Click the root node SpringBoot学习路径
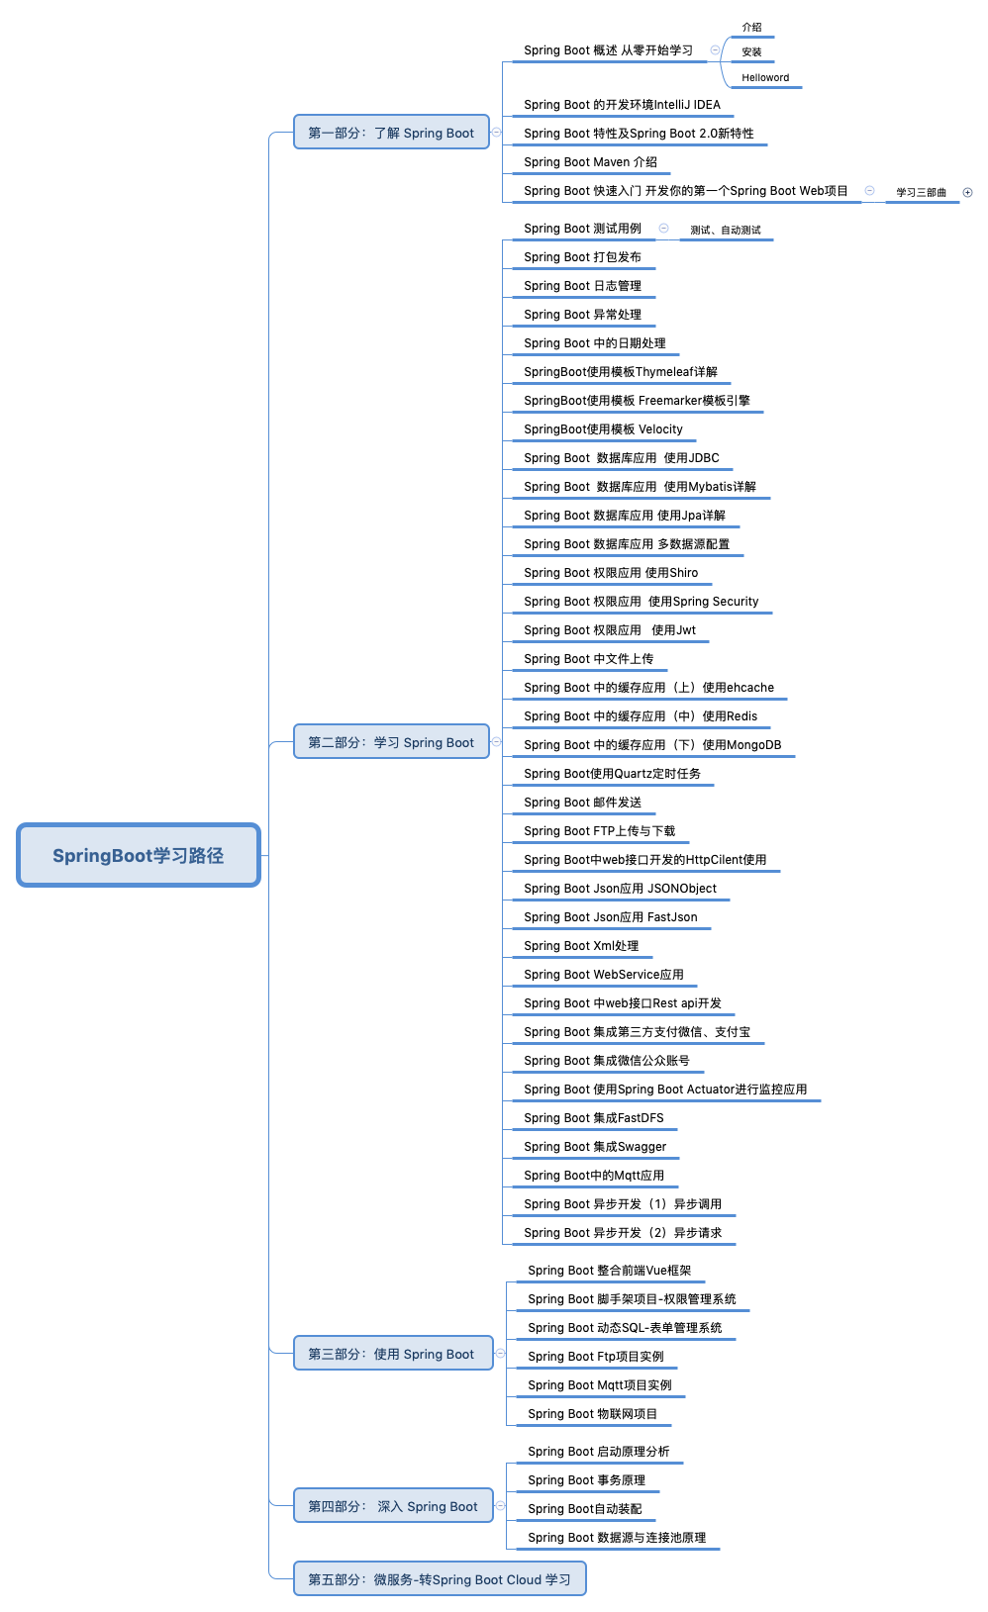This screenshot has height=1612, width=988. (x=139, y=855)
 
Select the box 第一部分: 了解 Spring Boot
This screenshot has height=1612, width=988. (x=391, y=133)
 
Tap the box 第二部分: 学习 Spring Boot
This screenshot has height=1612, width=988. (x=391, y=742)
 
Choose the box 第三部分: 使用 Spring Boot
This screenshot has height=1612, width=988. (x=393, y=1354)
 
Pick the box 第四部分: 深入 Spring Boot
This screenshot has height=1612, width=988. (x=393, y=1506)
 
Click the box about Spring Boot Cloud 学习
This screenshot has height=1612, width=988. (x=440, y=1579)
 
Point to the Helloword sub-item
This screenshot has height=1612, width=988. (x=765, y=78)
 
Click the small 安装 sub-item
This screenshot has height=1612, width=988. (x=751, y=51)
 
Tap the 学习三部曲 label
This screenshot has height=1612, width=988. (x=921, y=192)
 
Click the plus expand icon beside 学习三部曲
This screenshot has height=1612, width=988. (x=968, y=192)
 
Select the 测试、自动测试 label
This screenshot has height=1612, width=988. (x=725, y=230)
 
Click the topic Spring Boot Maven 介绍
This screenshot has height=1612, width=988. (x=590, y=162)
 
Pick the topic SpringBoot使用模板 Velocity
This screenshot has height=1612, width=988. (x=604, y=428)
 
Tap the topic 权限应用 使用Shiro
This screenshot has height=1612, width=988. (x=612, y=573)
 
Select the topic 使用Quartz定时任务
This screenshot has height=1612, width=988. (x=612, y=774)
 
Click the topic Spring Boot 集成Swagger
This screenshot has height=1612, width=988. (x=595, y=1146)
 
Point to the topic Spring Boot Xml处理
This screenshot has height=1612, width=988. (x=581, y=946)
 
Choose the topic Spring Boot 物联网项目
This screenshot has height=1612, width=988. (x=593, y=1413)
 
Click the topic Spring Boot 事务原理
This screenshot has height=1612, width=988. (x=586, y=1479)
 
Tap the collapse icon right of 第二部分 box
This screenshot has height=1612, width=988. (x=497, y=741)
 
